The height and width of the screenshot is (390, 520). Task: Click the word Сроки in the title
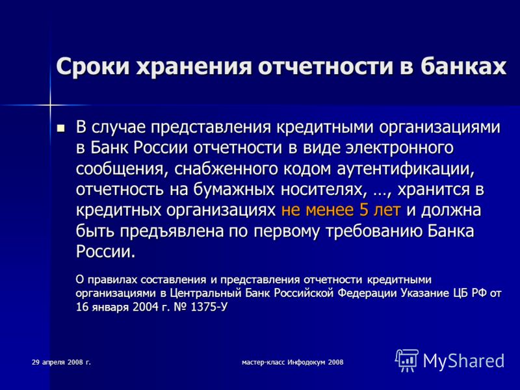[93, 67]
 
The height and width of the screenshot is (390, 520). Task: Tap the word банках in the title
[463, 66]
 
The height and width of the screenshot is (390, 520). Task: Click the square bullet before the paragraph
[61, 128]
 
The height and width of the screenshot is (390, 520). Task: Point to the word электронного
[399, 148]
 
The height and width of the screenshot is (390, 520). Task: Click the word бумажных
[234, 190]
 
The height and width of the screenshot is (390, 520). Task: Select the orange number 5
[363, 210]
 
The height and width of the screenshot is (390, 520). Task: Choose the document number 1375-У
[209, 307]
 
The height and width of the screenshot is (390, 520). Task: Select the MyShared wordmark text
[463, 360]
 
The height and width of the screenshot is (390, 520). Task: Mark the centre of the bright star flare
[50, 105]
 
